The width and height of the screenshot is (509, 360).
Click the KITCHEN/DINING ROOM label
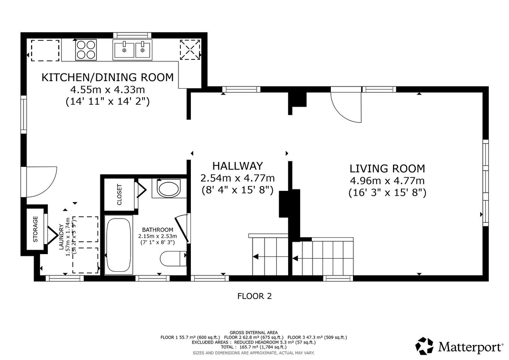(107, 77)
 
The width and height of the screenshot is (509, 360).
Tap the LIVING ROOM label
(387, 168)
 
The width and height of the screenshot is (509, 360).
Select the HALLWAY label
(237, 166)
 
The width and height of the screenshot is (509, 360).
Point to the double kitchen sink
(132, 50)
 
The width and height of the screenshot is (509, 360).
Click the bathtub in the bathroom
(119, 245)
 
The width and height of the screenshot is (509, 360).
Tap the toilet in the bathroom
(173, 258)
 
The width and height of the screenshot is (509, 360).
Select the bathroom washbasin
(168, 189)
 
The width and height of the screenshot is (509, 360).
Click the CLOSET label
(119, 195)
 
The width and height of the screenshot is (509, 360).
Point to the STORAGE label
(36, 229)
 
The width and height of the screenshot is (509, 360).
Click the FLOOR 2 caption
(254, 296)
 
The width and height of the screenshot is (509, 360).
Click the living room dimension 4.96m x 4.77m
(387, 181)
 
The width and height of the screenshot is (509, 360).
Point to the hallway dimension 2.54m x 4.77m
(237, 178)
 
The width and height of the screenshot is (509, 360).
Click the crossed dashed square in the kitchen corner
(190, 50)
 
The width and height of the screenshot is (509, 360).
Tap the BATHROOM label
(157, 230)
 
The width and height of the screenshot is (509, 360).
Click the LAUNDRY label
(61, 237)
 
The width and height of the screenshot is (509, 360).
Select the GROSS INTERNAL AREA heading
(253, 332)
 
